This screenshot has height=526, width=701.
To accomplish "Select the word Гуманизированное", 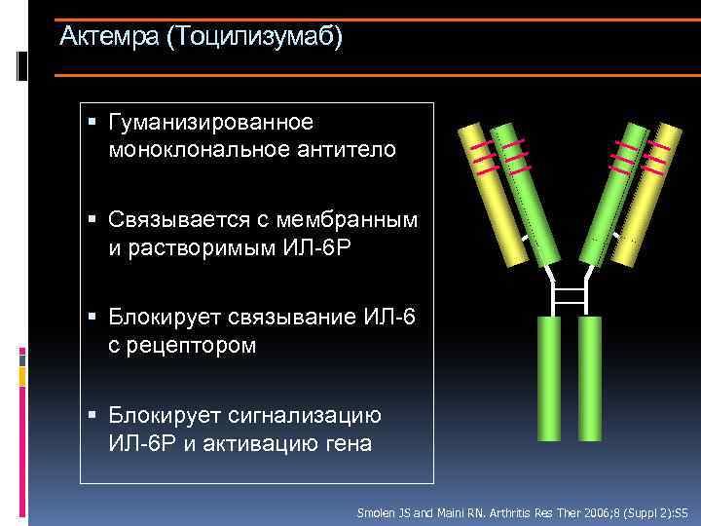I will pyautogui.click(x=211, y=123).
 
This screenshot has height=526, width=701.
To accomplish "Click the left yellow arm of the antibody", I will pyautogui.click(x=498, y=195).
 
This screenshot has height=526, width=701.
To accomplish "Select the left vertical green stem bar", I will pyautogui.click(x=548, y=380).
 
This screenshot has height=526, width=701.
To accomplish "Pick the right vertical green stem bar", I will pyautogui.click(x=589, y=380).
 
